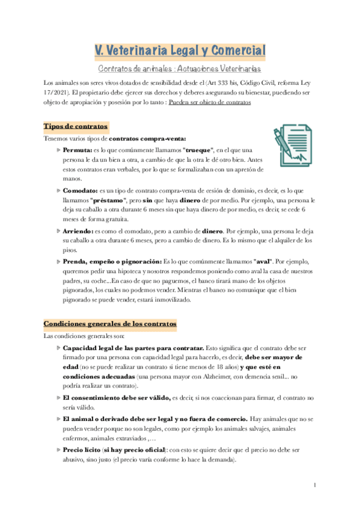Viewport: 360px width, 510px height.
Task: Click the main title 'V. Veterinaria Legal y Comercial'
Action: pyautogui.click(x=180, y=51)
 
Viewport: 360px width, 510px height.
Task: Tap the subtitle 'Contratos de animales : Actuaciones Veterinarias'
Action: pyautogui.click(x=180, y=69)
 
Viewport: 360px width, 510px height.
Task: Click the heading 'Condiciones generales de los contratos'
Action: pyautogui.click(x=110, y=324)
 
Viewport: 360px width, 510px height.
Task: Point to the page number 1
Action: pyautogui.click(x=314, y=485)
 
